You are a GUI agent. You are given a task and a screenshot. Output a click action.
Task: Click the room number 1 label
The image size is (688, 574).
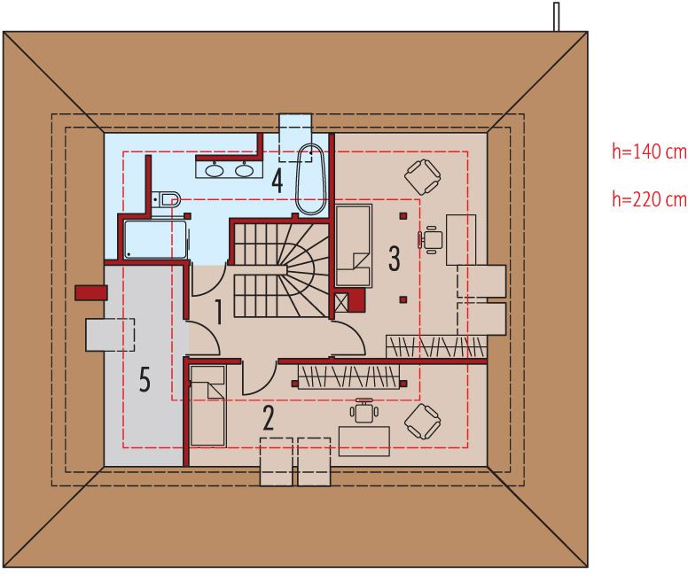[217, 312]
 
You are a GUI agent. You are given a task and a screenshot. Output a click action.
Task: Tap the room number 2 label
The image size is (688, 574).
[268, 418]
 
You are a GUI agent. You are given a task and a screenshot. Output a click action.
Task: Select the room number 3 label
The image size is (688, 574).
[394, 259]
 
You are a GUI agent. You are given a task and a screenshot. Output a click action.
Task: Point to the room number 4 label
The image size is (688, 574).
[277, 181]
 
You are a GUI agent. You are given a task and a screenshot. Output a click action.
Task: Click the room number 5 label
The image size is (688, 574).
[145, 380]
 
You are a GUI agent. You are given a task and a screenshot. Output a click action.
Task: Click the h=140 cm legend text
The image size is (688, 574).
[649, 151]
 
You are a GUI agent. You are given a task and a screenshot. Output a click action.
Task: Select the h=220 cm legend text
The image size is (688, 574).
[649, 199]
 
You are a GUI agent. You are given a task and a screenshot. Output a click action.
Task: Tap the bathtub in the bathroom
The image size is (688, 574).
[310, 179]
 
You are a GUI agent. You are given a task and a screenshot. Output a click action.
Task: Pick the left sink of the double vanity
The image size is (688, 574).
[215, 170]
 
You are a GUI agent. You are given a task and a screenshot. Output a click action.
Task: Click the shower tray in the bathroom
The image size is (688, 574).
[155, 239]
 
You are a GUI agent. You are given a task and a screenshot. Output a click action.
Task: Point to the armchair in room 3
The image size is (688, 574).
[422, 176]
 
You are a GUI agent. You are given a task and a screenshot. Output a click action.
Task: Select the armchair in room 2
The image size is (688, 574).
[422, 422]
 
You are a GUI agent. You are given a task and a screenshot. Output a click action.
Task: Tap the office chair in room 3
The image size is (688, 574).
[430, 239]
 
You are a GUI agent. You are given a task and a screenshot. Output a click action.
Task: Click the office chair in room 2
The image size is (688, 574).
[364, 410]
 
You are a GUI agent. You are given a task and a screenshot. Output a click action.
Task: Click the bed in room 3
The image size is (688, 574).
[354, 245]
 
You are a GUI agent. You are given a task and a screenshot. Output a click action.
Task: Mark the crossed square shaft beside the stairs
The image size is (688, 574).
[341, 303]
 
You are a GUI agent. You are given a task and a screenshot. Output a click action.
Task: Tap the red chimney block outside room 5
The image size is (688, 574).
[90, 292]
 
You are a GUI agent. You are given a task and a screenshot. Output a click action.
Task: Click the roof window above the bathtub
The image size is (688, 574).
[296, 137]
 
